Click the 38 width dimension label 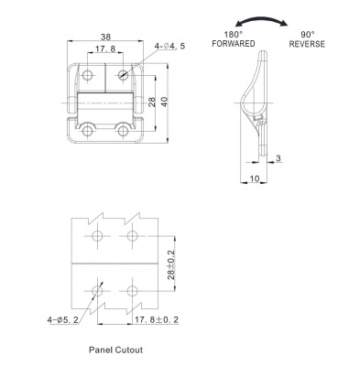point(105,37)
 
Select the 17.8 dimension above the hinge point(105,48)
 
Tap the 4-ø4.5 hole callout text point(169,47)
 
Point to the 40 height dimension point(165,102)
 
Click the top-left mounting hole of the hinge point(88,75)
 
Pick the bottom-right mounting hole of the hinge point(123,132)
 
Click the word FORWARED point(234,44)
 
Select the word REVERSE point(307,44)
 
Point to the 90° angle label point(307,34)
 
